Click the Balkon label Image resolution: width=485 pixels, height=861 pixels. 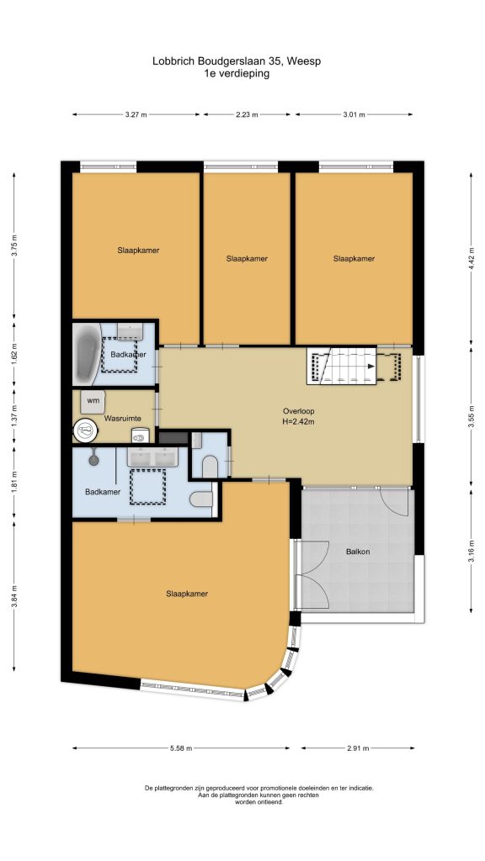[x=357, y=552]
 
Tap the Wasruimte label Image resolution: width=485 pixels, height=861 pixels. [x=123, y=419]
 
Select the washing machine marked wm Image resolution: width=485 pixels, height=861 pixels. [x=93, y=401]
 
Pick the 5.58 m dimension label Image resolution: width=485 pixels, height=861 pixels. [x=181, y=747]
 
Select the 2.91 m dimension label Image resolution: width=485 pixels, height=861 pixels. [x=357, y=747]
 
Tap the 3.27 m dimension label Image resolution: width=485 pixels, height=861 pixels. [x=136, y=114]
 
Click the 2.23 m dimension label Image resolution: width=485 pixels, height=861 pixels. [x=247, y=114]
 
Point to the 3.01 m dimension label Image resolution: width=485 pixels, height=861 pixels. [x=354, y=114]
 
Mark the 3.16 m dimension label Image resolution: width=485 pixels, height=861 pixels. [x=472, y=551]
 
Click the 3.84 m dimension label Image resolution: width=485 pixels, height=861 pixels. [x=15, y=595]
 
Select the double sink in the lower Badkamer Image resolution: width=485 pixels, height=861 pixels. [x=152, y=457]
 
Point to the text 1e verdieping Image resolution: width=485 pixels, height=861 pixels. [x=237, y=74]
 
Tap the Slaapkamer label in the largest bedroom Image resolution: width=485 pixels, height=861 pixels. [x=187, y=594]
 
